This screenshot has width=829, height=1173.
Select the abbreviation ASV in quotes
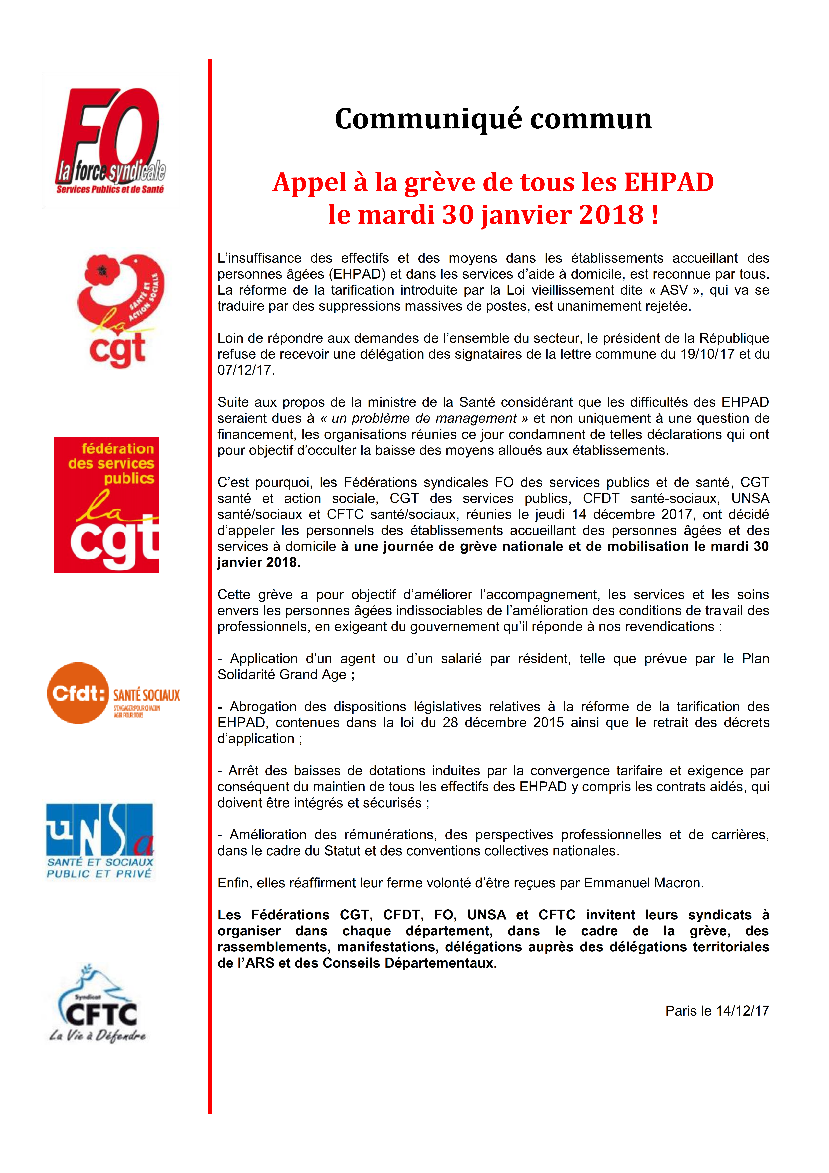point(674,290)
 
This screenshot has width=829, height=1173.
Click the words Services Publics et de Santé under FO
point(110,190)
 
